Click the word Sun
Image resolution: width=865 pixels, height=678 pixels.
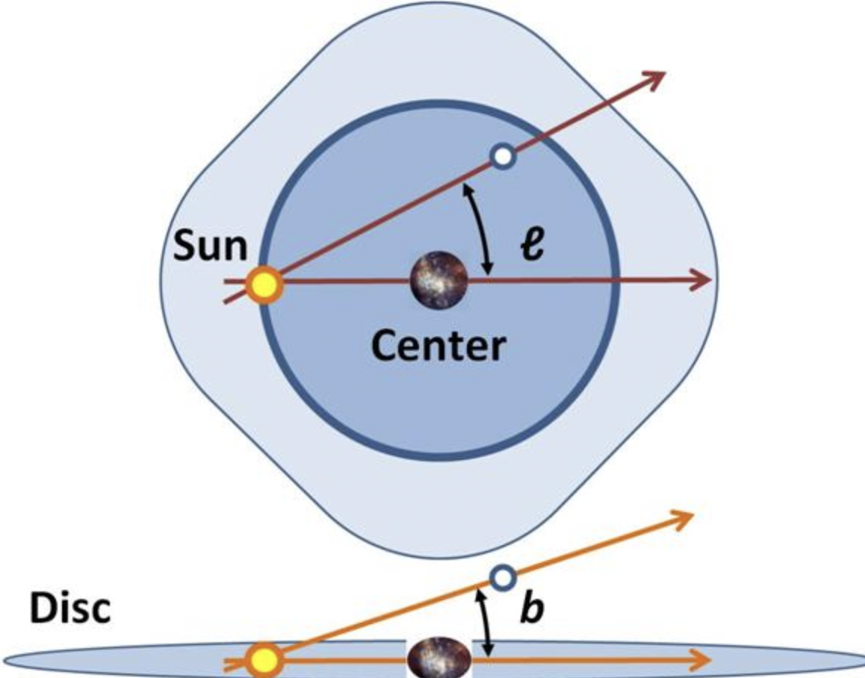[211, 246]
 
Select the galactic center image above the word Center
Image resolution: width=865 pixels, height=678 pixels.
[438, 280]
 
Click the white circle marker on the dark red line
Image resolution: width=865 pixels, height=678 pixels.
[503, 156]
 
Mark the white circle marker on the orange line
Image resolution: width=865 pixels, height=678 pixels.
[503, 576]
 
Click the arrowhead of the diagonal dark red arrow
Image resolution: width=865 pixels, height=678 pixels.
[656, 76]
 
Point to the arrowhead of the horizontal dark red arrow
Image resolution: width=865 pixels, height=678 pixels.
[702, 281]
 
